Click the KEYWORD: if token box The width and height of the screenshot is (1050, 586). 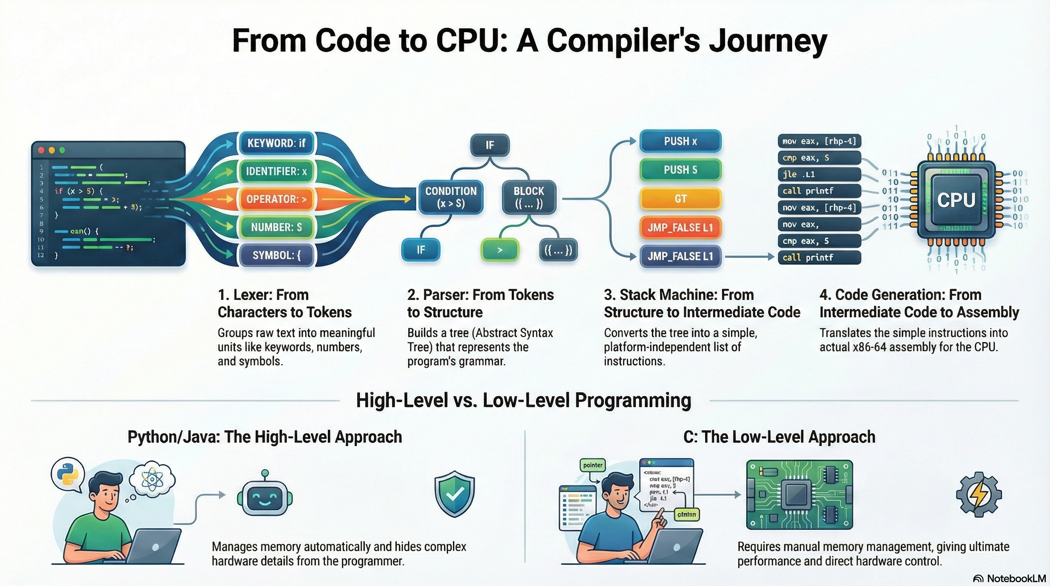point(276,143)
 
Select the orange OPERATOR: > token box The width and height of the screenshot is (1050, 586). point(276,199)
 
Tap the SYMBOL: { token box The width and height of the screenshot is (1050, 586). point(276,256)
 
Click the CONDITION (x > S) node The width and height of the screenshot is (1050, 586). point(451,197)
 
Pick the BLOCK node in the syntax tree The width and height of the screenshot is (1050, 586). point(529,197)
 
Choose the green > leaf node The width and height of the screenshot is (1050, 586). point(500,250)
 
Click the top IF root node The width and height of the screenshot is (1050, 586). point(490,145)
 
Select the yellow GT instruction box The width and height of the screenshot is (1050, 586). point(680,199)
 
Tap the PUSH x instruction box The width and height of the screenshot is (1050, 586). point(680,142)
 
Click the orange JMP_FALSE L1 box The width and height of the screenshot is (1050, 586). point(680,227)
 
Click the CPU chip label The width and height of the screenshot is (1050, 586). point(956,200)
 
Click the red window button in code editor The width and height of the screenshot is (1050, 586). point(41,150)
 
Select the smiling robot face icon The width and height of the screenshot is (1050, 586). point(264,497)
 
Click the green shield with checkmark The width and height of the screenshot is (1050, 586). point(454,494)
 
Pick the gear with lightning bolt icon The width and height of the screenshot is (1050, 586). point(979,494)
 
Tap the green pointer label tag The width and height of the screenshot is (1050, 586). point(593,465)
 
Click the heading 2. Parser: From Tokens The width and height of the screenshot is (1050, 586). point(480,295)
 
